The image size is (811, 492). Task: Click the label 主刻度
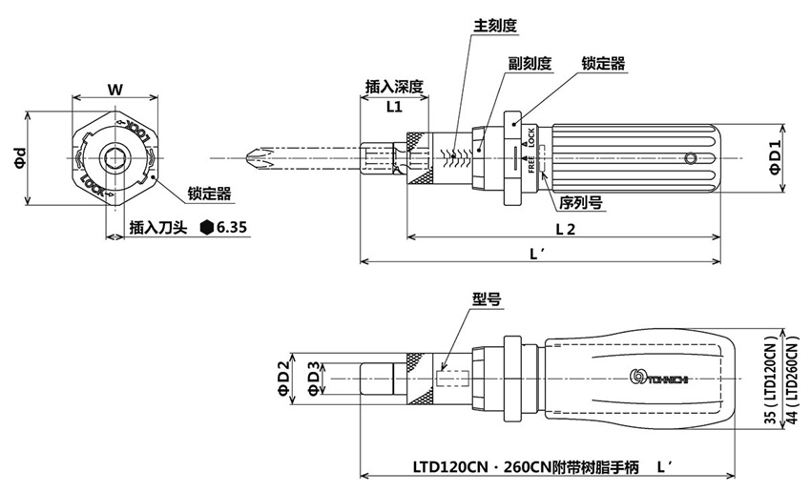coord(495,26)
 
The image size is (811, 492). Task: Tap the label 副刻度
coord(530,63)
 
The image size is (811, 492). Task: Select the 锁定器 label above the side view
coord(603,63)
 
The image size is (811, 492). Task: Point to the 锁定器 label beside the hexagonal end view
coord(209,193)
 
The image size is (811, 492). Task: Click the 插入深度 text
coord(393,87)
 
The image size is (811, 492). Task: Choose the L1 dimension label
coord(393,107)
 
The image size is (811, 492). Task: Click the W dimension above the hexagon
coord(114,91)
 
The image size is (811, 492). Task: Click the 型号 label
coord(486,298)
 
